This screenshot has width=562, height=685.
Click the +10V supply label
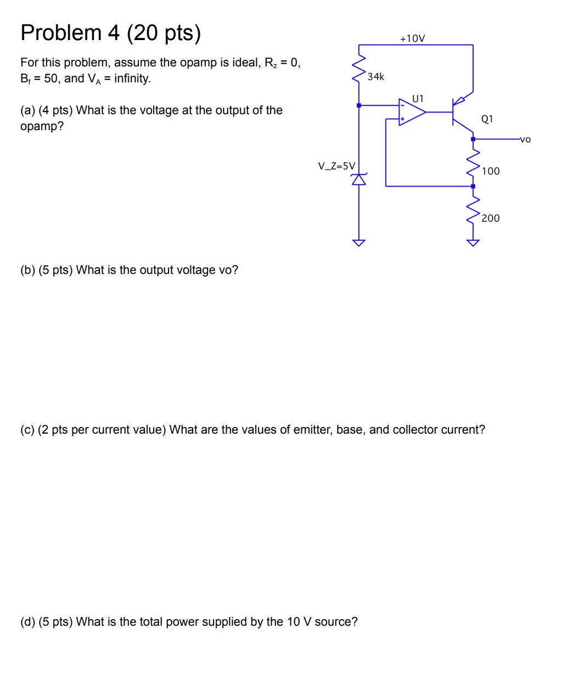coord(412,38)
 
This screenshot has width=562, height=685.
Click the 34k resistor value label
coord(376,77)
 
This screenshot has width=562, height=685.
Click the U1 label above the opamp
coord(418,99)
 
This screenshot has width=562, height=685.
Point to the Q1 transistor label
coord(487,119)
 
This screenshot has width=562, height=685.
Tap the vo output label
coord(525,139)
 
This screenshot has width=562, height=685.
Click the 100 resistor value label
coord(491,171)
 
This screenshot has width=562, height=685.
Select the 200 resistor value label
coord(491,218)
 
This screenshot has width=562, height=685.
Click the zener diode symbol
coord(359,179)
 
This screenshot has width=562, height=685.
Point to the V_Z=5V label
coord(336,166)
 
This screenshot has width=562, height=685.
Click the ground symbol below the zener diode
coord(359,242)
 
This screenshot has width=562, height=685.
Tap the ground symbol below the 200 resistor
coord(473,242)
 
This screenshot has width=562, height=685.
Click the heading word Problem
coord(61,33)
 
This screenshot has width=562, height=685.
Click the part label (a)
coord(27,110)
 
